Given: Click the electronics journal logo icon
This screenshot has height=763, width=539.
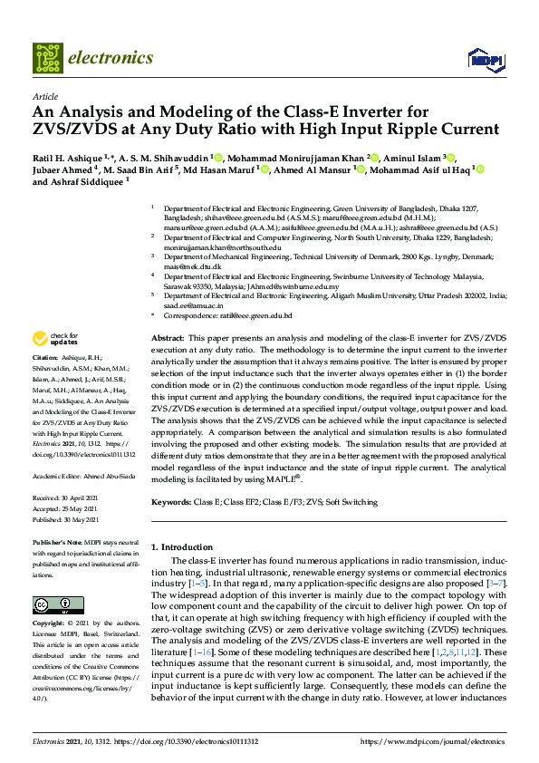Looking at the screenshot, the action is click(46, 57).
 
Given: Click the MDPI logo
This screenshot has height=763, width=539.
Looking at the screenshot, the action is click(484, 59).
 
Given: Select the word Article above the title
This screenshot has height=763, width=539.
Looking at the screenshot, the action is click(44, 95).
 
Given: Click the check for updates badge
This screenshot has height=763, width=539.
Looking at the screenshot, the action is click(54, 339).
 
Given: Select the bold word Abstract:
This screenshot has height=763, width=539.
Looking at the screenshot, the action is click(168, 336).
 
